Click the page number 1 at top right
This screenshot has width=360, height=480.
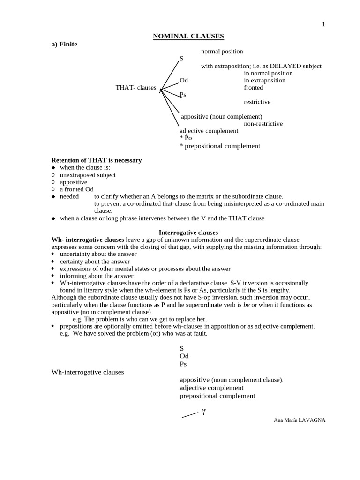pos(323,24)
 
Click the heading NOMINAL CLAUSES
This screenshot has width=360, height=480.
pos(188,36)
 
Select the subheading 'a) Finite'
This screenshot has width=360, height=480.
pos(64,45)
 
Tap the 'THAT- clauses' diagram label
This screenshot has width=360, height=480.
pos(136,88)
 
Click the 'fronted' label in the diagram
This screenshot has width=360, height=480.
pos(253,88)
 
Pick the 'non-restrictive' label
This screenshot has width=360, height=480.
pos(263,124)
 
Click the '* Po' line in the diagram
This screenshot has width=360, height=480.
pos(186,138)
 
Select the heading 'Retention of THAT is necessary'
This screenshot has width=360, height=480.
pos(96,160)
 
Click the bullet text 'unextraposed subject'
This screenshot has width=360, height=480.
pos(88,175)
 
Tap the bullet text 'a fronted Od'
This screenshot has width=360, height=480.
pos(76,189)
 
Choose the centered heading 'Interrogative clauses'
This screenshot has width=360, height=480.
pos(188,232)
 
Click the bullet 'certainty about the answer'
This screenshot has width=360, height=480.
pos(95,262)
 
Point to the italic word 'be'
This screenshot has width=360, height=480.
pos(247,305)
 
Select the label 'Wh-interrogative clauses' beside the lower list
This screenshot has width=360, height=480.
pos(88,372)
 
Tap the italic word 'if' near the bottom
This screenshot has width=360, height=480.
pos(203,412)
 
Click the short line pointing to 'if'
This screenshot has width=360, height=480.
pos(190,414)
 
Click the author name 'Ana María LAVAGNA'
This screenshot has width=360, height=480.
pos(299,420)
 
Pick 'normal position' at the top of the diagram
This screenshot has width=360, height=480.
pos(222,52)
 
